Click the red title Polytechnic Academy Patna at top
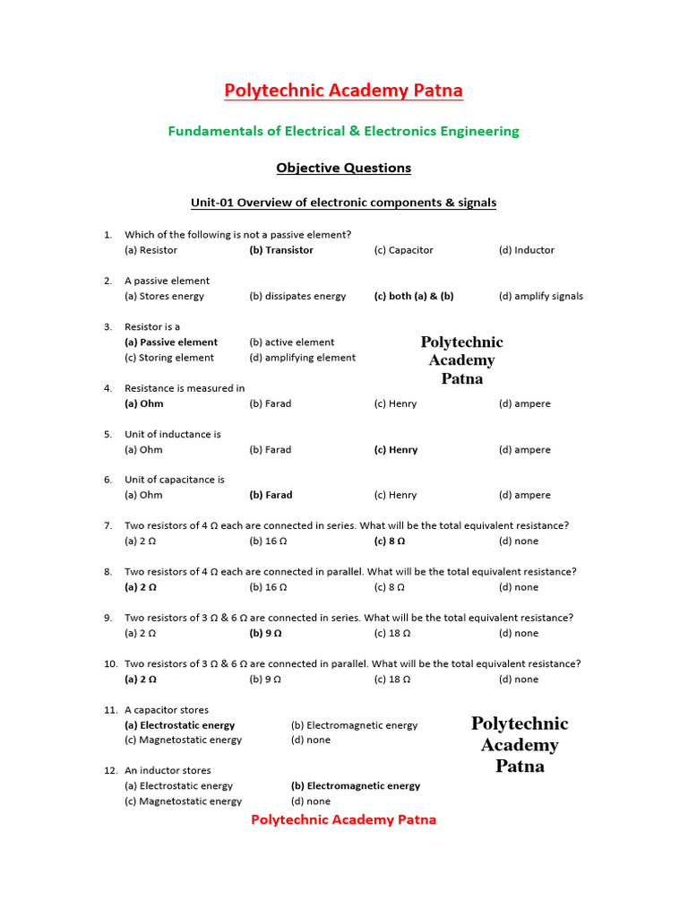pyautogui.click(x=343, y=91)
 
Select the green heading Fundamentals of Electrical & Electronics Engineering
pyautogui.click(x=343, y=131)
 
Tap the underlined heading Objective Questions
pyautogui.click(x=343, y=168)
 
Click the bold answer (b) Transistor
pyautogui.click(x=281, y=250)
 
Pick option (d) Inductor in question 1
pyautogui.click(x=527, y=250)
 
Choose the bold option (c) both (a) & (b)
pyautogui.click(x=414, y=296)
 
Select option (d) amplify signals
pyautogui.click(x=541, y=296)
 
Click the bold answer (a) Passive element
pyautogui.click(x=171, y=342)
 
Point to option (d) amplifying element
pyautogui.click(x=302, y=357)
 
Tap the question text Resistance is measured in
pyautogui.click(x=185, y=388)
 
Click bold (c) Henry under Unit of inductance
pyautogui.click(x=396, y=450)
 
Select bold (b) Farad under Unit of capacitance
pyautogui.click(x=271, y=495)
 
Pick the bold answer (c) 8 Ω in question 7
pyautogui.click(x=390, y=541)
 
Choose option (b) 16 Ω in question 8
pyautogui.click(x=268, y=587)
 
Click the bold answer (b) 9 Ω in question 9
pyautogui.click(x=265, y=633)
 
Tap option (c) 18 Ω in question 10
pyautogui.click(x=392, y=679)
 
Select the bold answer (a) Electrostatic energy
pyautogui.click(x=179, y=725)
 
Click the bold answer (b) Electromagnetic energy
pyautogui.click(x=356, y=785)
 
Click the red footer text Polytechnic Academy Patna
pyautogui.click(x=343, y=819)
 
